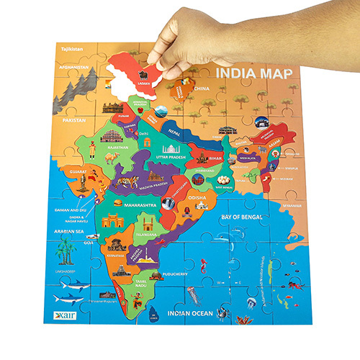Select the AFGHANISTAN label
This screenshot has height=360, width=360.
tap(78, 68)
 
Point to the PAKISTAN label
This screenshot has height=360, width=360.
tap(75, 121)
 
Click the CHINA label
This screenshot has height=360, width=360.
tap(202, 89)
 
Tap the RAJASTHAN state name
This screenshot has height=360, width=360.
tap(118, 147)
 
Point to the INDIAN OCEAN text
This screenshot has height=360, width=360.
tap(192, 313)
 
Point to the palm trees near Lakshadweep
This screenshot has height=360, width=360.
tap(67, 251)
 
